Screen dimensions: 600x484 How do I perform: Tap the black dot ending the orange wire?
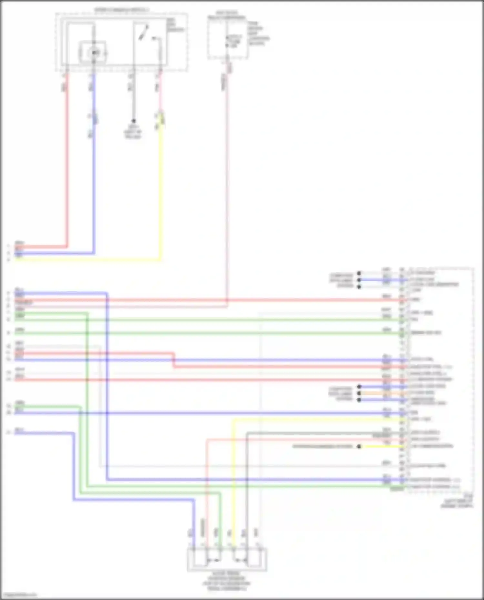coord(359,393)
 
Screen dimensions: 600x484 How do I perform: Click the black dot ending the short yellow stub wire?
coord(359,447)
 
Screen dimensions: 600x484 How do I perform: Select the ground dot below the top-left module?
coord(133,121)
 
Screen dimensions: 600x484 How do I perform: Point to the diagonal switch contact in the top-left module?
coord(144,32)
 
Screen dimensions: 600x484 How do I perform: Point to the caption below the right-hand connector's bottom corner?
coord(458,502)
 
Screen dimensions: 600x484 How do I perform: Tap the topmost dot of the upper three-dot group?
coord(359,273)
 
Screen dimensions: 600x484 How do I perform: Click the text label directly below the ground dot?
coord(133,132)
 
